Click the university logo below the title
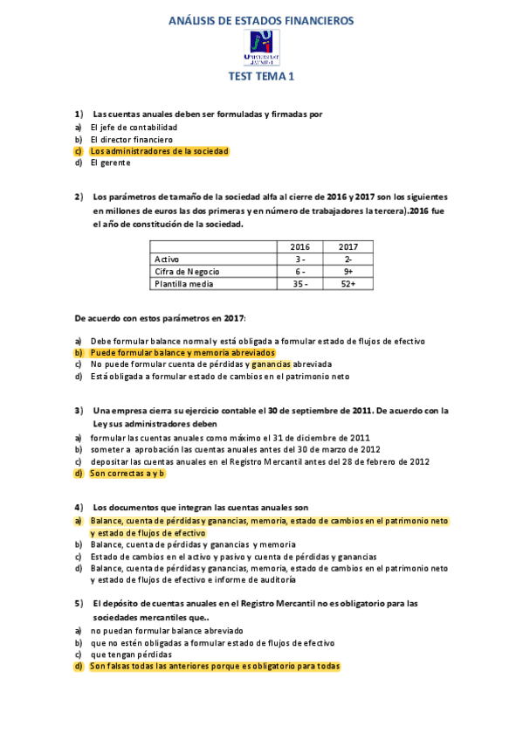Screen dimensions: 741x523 pos(262,47)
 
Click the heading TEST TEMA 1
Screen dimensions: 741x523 pos(262,77)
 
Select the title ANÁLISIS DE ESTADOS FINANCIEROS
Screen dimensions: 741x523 pos(262,21)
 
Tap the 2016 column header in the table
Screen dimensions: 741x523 pos(299,247)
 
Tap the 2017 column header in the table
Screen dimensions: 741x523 pos(348,247)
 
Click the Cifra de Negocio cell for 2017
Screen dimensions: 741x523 pos(348,272)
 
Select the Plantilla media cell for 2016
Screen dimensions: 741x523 pos(299,284)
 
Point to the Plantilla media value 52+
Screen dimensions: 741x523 pos(348,284)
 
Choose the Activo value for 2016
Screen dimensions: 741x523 pos(299,260)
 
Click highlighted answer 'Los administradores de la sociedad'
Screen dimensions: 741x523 pos(159,151)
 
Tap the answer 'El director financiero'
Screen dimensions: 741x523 pos(131,139)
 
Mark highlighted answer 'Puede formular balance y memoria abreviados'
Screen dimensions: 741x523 pos(182,352)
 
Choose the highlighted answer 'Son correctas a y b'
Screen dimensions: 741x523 pos(127,473)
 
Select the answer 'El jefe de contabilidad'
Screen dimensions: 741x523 pos(134,127)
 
